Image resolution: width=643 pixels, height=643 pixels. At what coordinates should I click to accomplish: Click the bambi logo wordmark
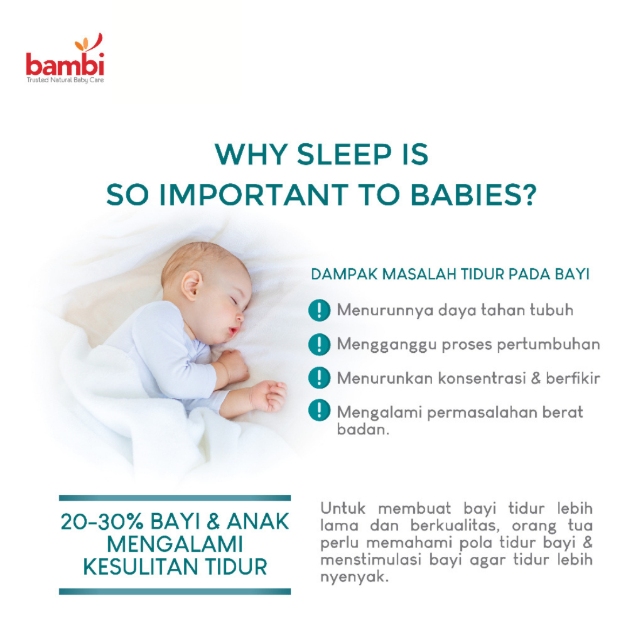(x=65, y=65)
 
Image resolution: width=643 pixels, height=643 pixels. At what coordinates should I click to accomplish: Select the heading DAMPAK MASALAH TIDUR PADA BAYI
(x=450, y=275)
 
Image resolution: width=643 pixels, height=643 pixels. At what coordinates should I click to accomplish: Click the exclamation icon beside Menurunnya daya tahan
(x=320, y=310)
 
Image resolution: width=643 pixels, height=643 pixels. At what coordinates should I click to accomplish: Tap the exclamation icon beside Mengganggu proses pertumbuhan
(x=320, y=344)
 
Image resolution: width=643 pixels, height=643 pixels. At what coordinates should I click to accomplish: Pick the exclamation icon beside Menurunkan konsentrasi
(x=320, y=378)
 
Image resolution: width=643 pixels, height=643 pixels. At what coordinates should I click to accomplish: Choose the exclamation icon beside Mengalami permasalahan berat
(x=320, y=412)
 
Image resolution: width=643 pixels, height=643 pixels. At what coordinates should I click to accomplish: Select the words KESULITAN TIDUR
(x=175, y=566)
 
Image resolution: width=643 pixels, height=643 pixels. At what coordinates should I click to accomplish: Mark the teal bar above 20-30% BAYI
(x=175, y=498)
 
